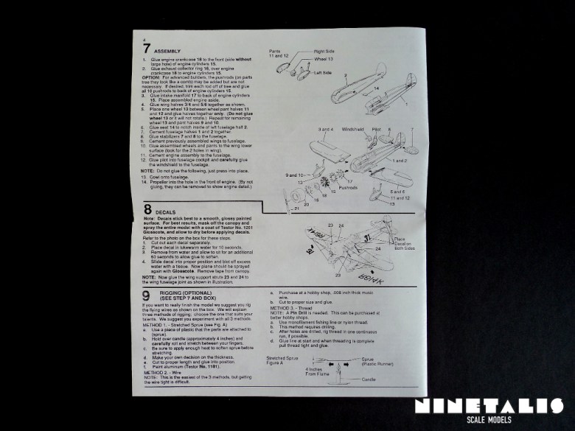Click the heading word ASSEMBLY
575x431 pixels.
pos(167,51)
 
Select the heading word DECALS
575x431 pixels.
pos(164,212)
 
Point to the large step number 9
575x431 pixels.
pos(147,296)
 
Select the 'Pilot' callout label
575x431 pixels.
pos(377,129)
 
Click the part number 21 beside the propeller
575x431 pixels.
pos(297,209)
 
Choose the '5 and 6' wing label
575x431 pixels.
pos(398,192)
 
